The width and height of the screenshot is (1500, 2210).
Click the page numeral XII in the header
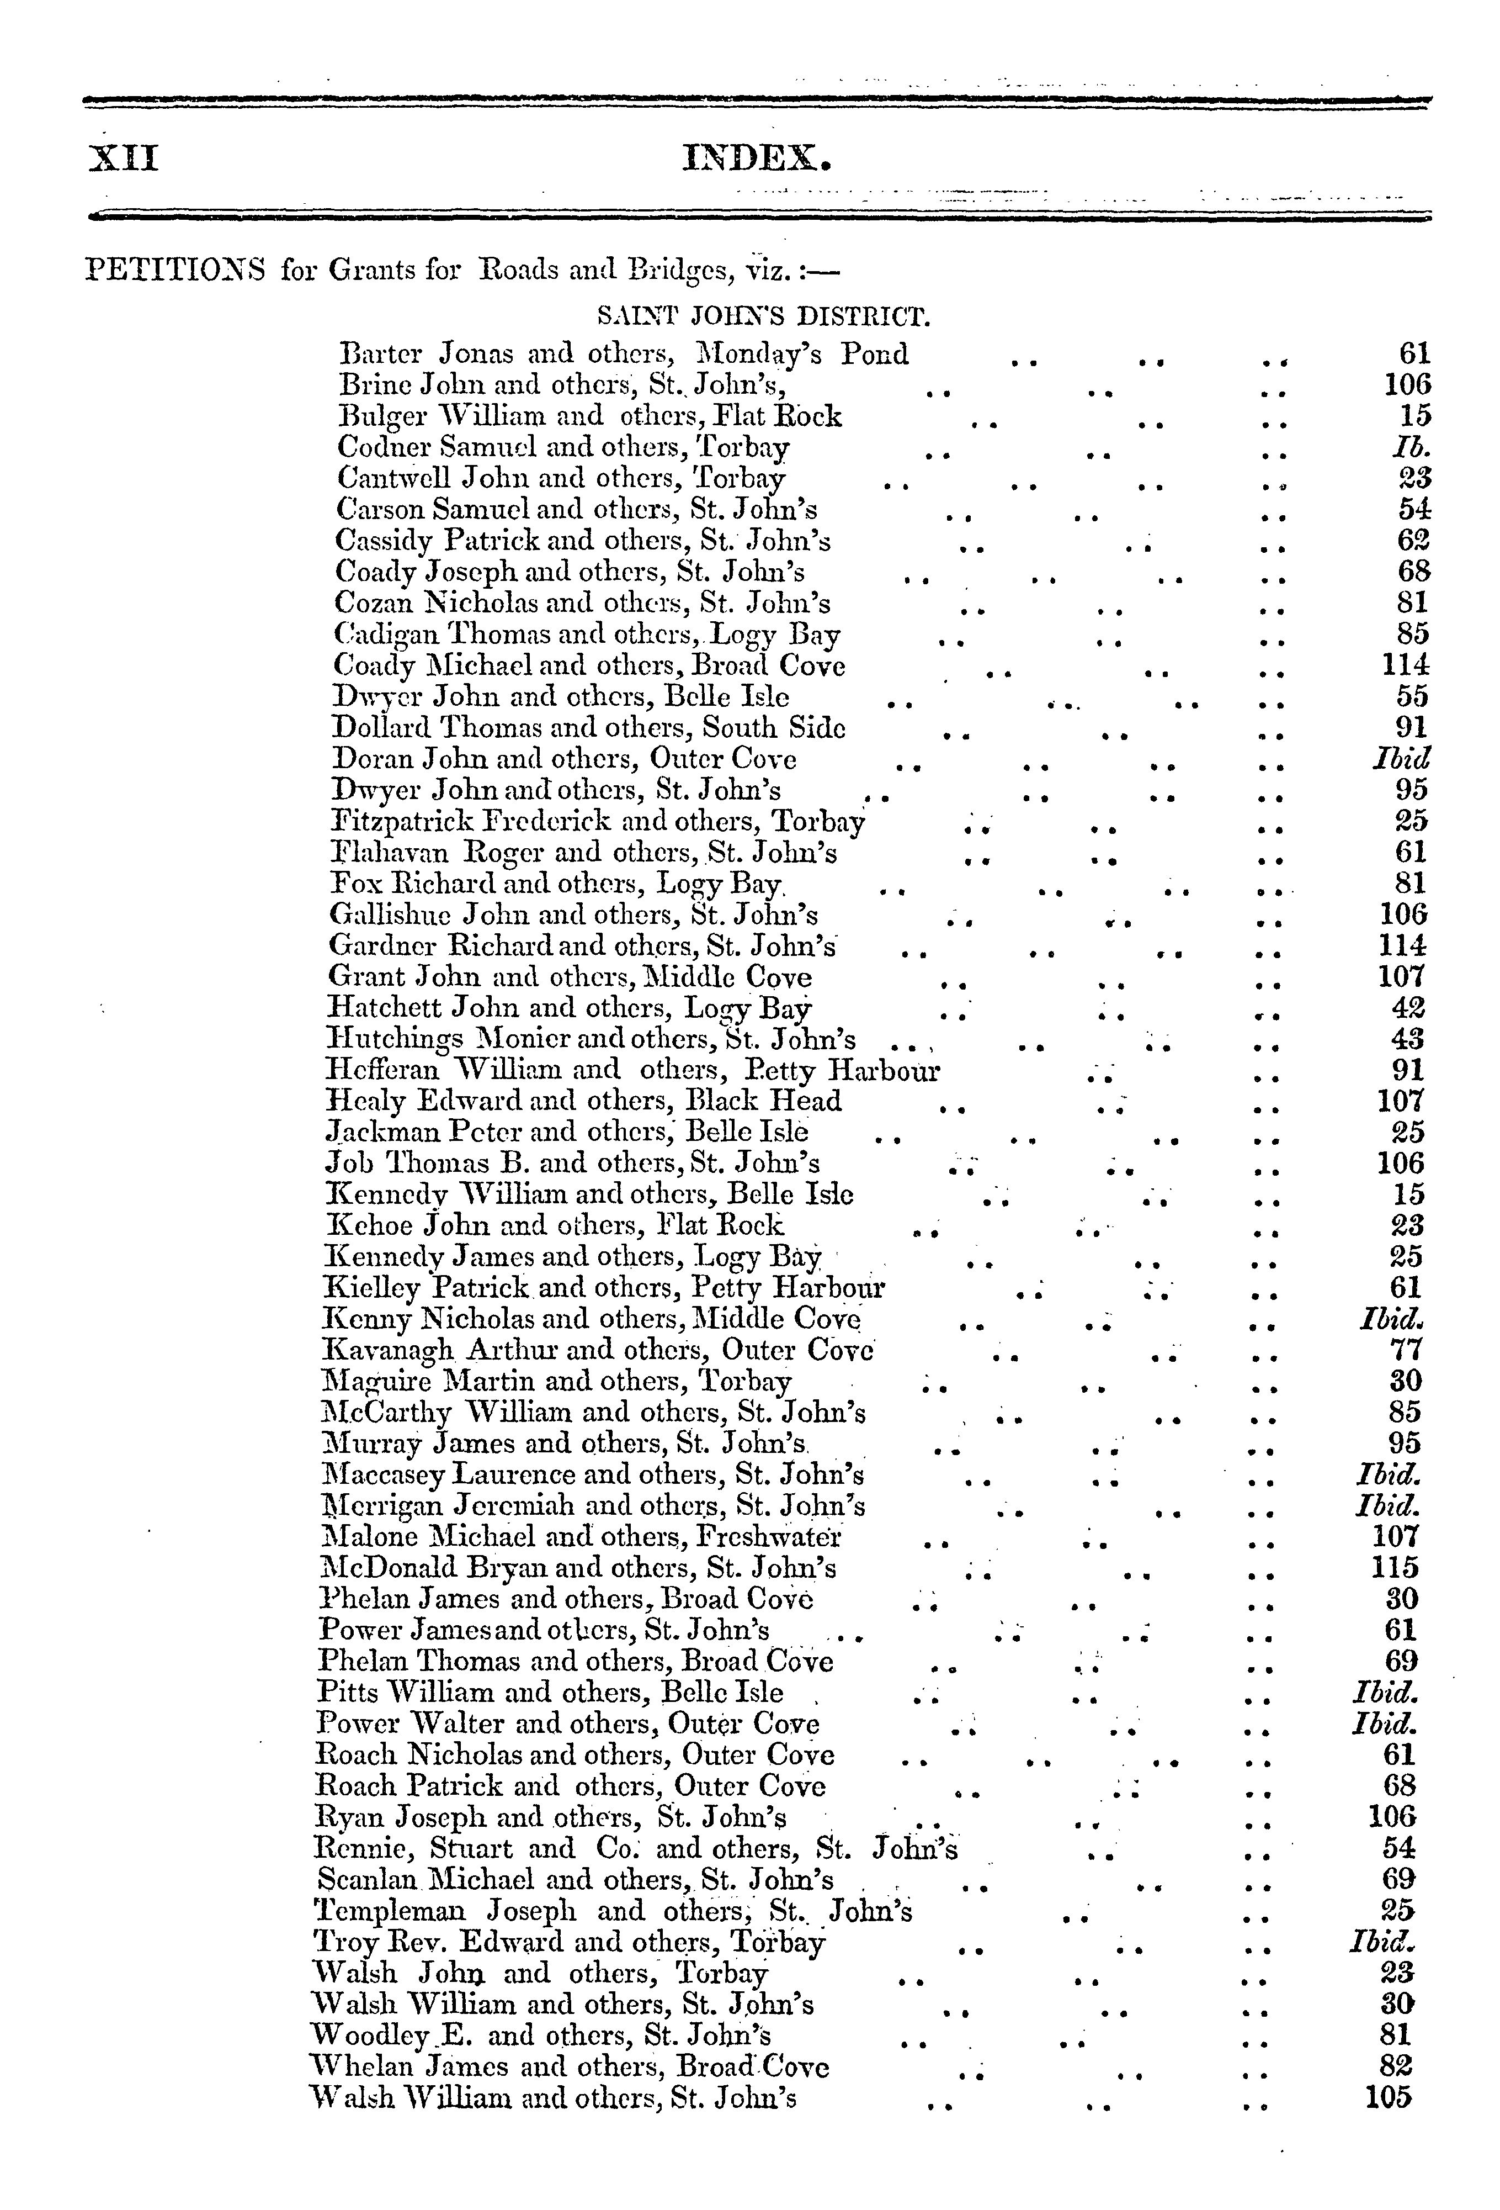click(x=124, y=157)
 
